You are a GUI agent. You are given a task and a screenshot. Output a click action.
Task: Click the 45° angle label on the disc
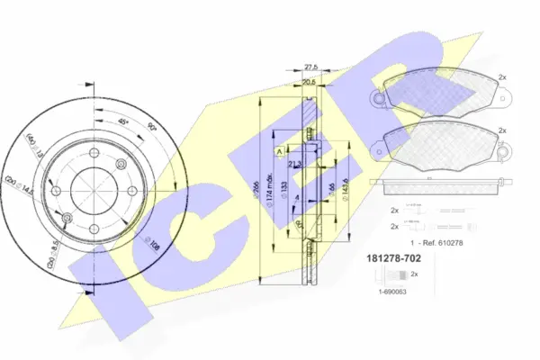(x=124, y=122)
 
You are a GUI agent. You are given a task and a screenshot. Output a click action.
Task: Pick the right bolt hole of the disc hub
(x=132, y=191)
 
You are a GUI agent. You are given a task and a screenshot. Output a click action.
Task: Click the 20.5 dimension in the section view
(x=310, y=83)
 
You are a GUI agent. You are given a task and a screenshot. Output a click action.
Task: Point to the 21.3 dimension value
(x=294, y=165)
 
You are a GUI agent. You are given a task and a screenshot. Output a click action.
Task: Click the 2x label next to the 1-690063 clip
(x=415, y=274)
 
